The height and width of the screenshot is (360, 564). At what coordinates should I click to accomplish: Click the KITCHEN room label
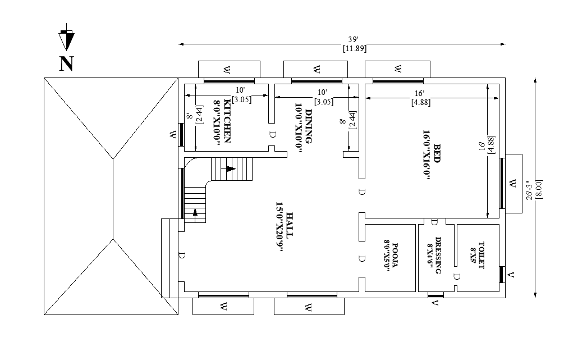227,121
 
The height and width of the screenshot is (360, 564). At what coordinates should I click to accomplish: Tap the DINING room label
309,126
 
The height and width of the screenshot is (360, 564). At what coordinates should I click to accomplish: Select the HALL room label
290,224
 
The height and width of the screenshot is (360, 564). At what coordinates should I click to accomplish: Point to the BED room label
437,154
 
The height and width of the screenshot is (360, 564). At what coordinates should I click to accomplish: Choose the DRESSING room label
438,255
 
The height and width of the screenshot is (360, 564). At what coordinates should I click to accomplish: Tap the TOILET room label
482,255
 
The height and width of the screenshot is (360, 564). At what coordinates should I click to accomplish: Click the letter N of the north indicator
66,63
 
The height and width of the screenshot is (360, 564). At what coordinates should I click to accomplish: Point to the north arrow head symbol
66,39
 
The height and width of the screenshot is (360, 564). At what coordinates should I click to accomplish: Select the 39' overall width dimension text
352,39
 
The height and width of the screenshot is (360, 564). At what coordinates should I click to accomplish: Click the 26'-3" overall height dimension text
529,190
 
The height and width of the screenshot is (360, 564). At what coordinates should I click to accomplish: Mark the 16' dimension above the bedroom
419,93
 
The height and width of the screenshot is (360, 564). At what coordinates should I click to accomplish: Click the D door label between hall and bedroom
362,192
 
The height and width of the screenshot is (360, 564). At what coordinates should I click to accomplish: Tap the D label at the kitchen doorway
272,135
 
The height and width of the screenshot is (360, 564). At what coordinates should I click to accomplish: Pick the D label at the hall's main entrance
182,256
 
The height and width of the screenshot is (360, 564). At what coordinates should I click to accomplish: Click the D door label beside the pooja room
362,258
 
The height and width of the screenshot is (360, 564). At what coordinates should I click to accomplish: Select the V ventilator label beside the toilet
511,275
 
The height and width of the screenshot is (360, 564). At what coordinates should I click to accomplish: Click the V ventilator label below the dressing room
435,303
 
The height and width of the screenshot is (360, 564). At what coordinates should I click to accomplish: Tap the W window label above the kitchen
226,69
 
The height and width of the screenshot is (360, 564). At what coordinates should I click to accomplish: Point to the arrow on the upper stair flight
231,169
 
